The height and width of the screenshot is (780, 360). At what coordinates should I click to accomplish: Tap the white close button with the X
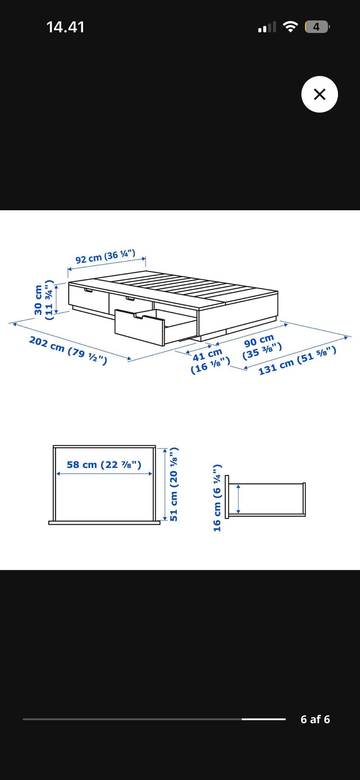point(319,94)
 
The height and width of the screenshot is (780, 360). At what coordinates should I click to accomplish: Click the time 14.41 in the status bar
point(65,27)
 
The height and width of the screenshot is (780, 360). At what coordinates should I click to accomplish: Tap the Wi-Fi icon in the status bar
point(290,27)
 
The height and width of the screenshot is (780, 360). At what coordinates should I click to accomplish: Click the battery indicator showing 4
point(317,27)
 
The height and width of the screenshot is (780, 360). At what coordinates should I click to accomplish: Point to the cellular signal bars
point(267,27)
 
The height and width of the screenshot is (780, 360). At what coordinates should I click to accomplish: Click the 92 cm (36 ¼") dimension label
point(105,257)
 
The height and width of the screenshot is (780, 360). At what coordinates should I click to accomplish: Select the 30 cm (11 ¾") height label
point(43,300)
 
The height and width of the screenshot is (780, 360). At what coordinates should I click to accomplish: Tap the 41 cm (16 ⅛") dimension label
point(210,361)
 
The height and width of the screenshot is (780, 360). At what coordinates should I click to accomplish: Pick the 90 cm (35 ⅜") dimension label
point(261,347)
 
